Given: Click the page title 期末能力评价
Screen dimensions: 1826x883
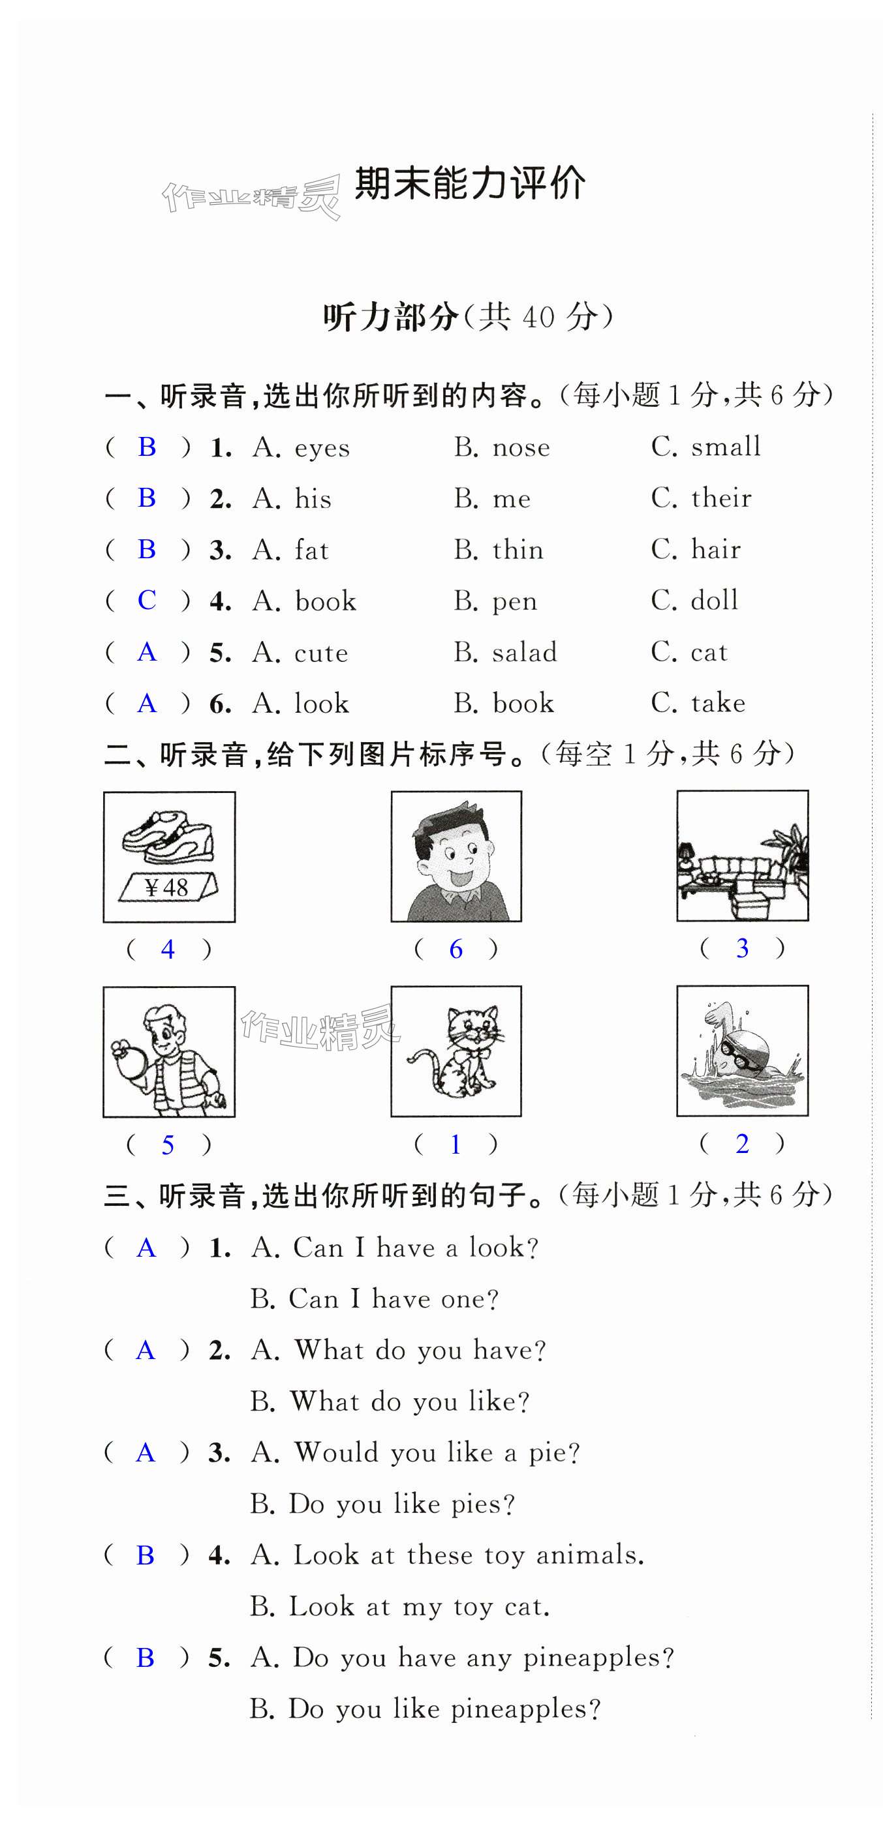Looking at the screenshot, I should tap(469, 185).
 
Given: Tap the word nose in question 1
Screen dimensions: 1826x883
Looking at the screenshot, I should tap(521, 447).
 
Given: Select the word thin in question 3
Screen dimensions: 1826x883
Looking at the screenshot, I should tap(518, 549).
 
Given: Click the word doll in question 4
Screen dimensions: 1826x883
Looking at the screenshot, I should tap(714, 601).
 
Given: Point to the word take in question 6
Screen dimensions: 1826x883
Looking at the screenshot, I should tap(718, 703).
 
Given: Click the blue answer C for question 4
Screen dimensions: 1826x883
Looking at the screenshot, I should tap(147, 601).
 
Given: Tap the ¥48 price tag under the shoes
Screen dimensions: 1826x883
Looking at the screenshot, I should tap(167, 888).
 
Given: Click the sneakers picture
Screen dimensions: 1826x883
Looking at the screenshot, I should tap(168, 837).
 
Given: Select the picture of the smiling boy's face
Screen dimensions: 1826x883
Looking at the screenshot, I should tap(456, 856).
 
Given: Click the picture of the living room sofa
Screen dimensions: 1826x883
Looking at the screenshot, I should tap(742, 856).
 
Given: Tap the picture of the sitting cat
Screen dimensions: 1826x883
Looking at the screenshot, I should tap(456, 1051).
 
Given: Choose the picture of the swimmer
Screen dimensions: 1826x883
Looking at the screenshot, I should tap(742, 1051).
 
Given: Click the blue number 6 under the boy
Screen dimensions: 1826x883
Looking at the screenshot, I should tap(456, 949).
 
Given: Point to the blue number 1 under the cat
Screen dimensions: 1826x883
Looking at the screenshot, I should tap(456, 1144).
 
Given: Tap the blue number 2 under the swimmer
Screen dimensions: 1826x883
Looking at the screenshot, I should tap(742, 1143).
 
